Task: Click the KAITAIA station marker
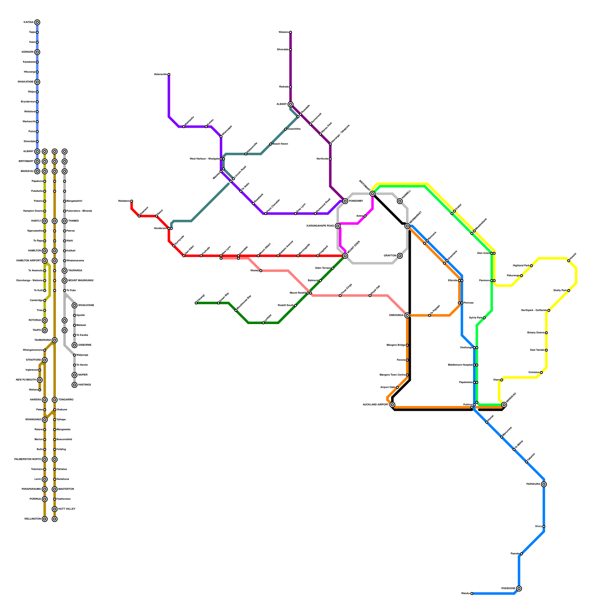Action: pos(37,22)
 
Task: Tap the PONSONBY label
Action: pos(356,201)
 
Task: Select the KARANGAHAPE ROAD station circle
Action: pos(337,226)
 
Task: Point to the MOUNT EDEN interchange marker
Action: pos(345,256)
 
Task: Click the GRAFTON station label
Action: pos(390,256)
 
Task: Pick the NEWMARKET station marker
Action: pos(407,226)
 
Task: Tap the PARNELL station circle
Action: pos(400,201)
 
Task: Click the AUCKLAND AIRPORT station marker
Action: pos(392,405)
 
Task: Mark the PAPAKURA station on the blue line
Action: pos(544,484)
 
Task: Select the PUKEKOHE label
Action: pos(508,589)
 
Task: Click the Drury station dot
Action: pos(544,526)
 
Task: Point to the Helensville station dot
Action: pos(169,74)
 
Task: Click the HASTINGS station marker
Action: pos(74,385)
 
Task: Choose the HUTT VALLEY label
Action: pos(67,509)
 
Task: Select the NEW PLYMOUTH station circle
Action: pos(40,380)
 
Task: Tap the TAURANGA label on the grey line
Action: pos(75,271)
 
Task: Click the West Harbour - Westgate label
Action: pos(204,159)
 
